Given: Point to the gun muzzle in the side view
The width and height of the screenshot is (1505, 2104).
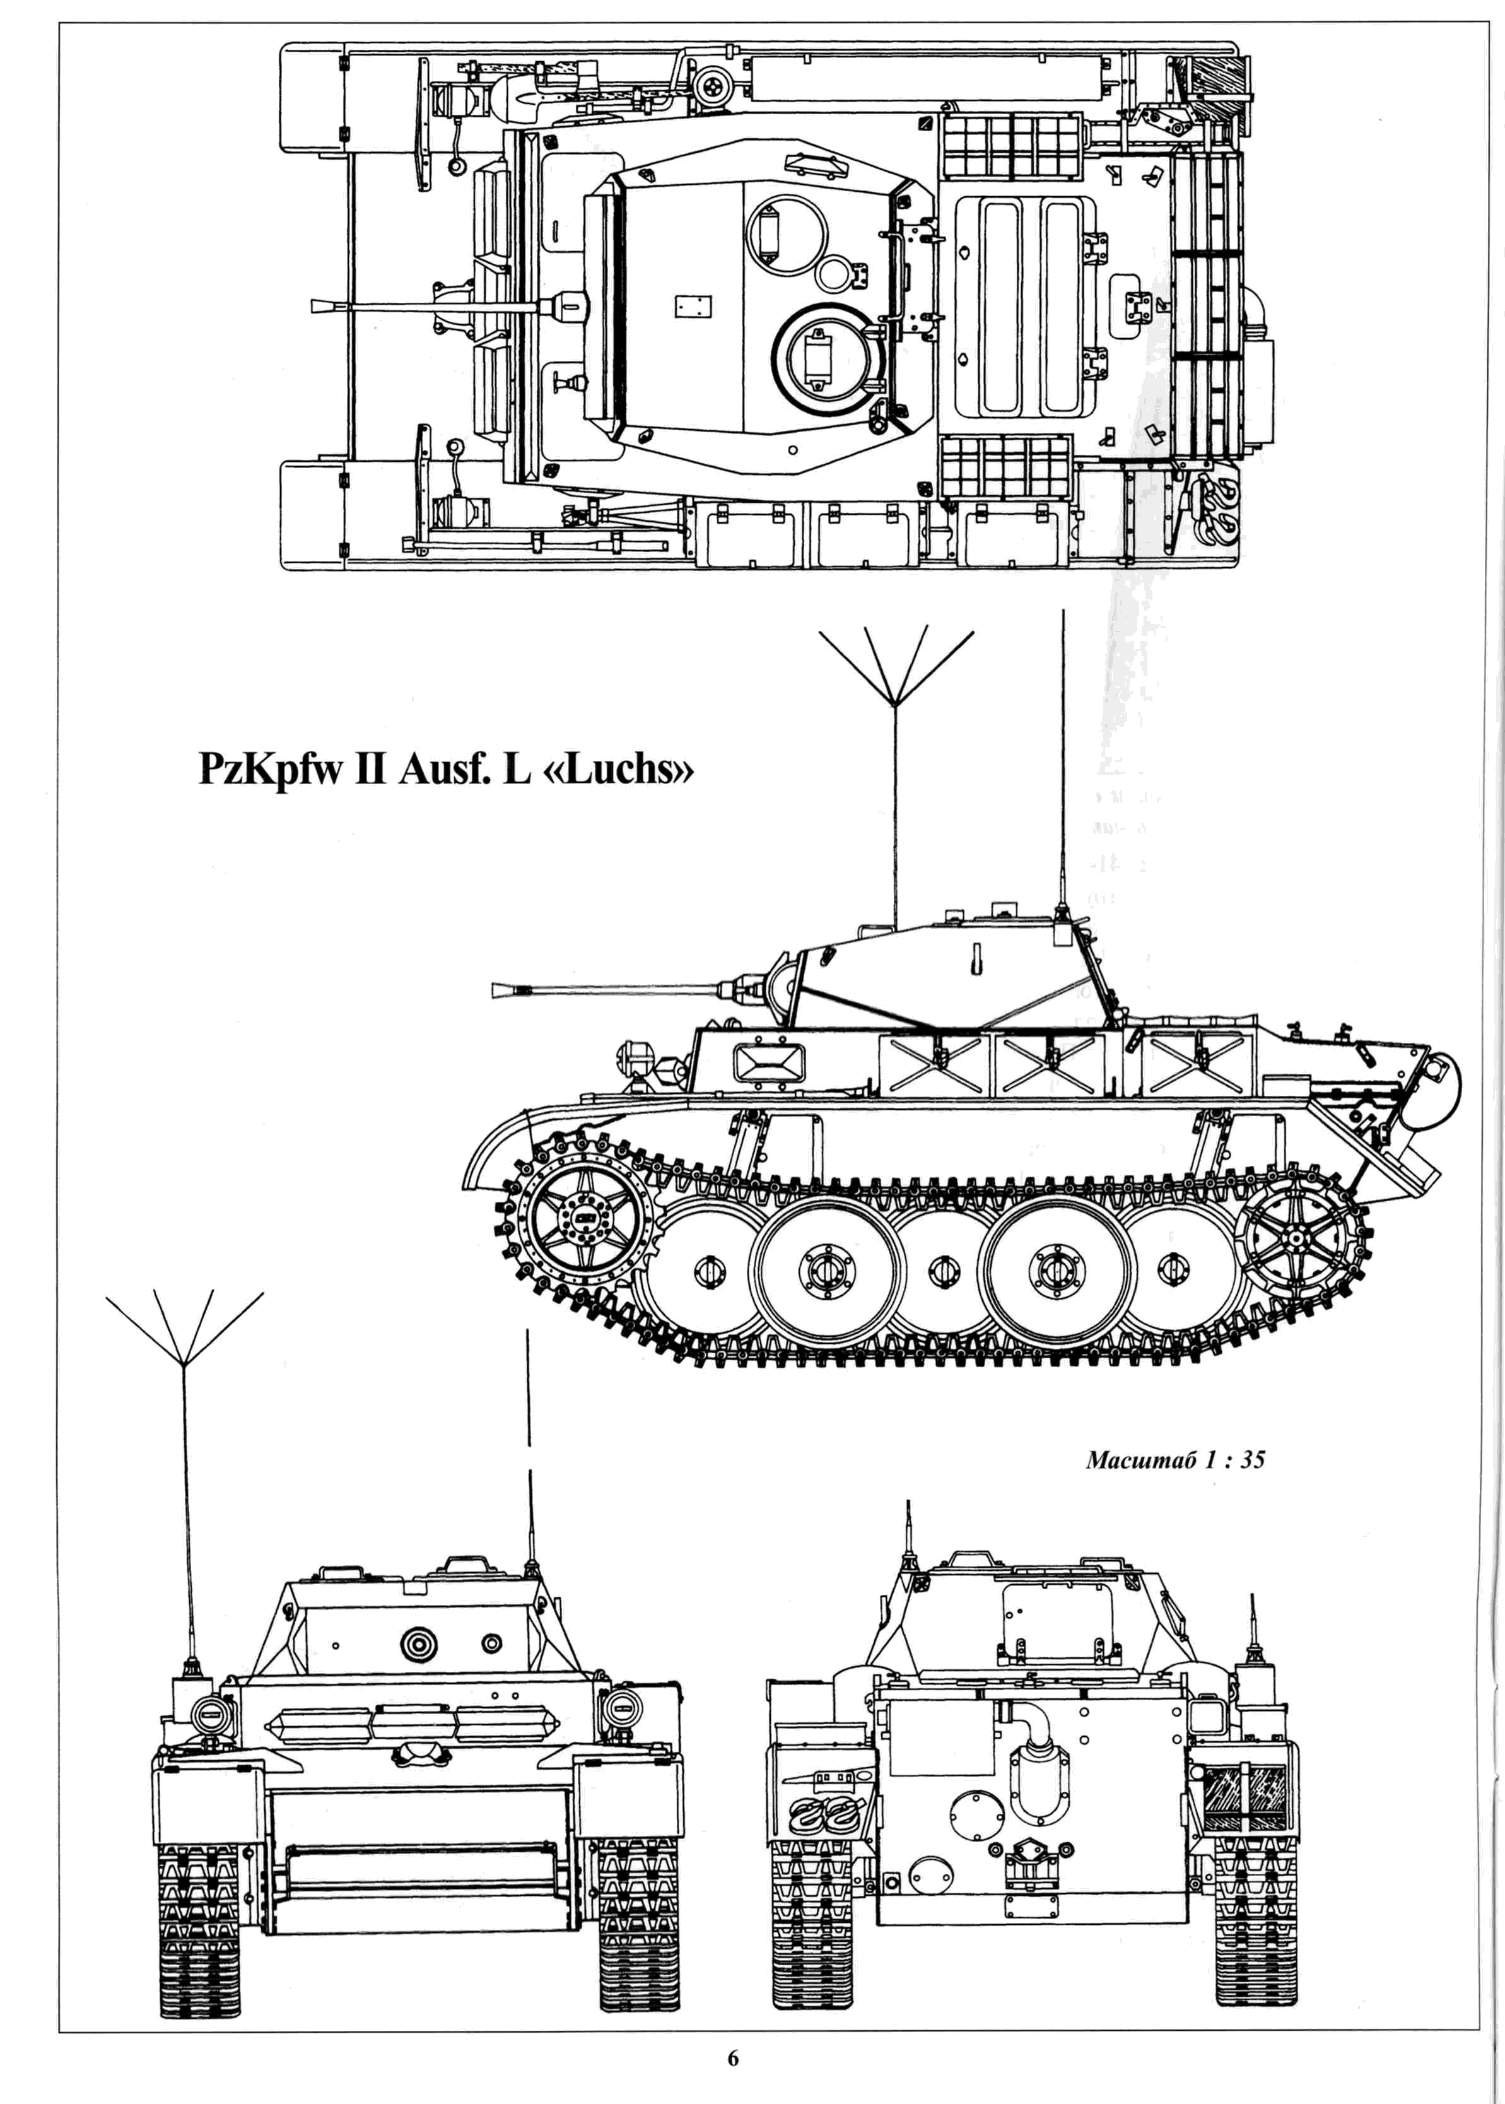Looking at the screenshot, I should pos(500,991).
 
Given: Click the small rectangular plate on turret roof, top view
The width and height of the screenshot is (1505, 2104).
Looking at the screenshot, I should pos(693,307).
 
